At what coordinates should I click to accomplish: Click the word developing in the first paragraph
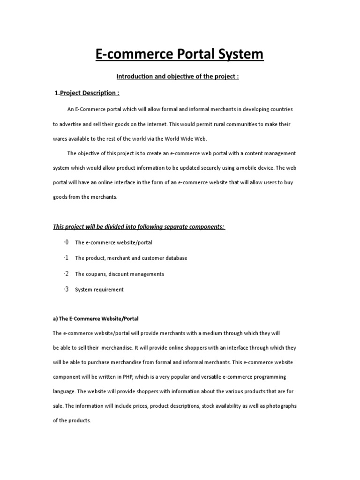coord(241,109)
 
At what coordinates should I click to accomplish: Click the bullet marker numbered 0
coord(66,242)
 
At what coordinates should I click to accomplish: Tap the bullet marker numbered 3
coord(66,289)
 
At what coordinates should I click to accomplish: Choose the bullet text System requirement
coord(99,290)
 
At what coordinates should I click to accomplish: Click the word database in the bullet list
coord(174,258)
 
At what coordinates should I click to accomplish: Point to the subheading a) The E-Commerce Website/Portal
coord(96,319)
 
